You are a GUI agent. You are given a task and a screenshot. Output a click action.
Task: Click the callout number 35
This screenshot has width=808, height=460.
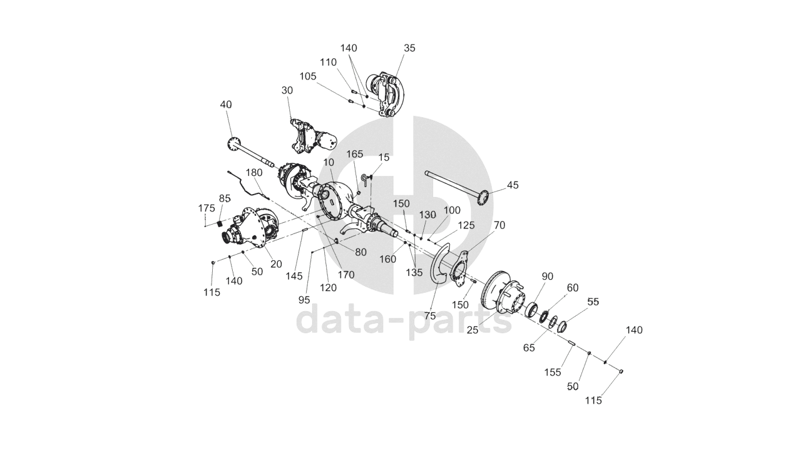click(409, 48)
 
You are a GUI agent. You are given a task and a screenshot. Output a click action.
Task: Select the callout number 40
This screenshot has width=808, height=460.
click(226, 105)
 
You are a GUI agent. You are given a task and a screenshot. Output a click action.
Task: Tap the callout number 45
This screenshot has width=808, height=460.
click(513, 185)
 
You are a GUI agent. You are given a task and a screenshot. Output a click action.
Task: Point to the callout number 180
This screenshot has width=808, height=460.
click(254, 173)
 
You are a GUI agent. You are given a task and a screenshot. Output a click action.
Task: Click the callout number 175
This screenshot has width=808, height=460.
click(206, 208)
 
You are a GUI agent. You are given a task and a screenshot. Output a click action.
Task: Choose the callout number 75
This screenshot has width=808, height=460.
click(429, 316)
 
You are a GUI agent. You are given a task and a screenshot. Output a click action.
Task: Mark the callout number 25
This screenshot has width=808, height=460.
click(472, 329)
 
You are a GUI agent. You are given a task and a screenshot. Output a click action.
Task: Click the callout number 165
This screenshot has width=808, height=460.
click(355, 154)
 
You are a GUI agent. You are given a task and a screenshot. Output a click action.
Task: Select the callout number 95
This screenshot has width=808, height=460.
click(304, 300)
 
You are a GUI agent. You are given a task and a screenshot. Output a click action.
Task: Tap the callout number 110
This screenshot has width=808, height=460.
click(328, 63)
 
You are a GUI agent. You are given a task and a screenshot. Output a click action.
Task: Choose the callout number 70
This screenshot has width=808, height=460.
click(499, 225)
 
